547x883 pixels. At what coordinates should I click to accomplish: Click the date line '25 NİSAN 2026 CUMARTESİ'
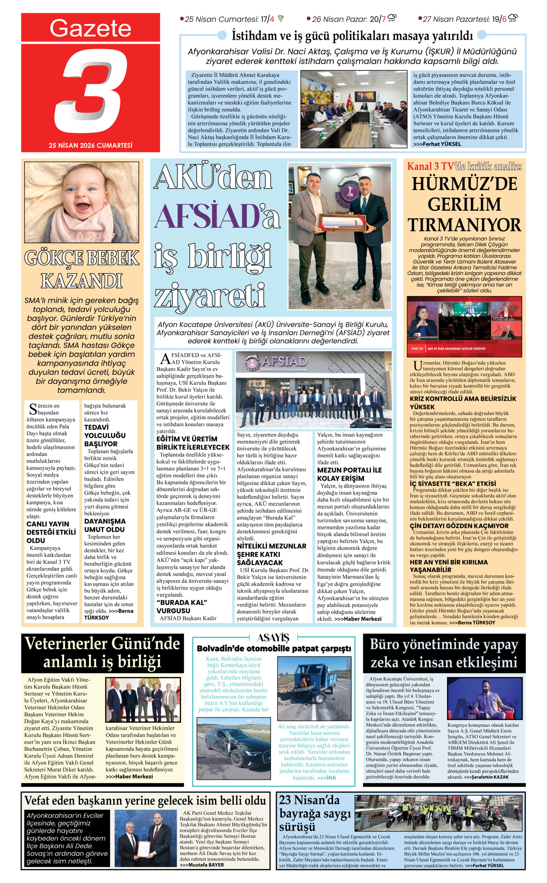90,145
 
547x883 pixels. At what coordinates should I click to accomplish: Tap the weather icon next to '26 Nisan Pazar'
392,18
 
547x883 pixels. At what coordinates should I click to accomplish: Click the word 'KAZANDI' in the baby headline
82,281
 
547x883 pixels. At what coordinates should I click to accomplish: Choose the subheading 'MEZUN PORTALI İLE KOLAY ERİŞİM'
349,474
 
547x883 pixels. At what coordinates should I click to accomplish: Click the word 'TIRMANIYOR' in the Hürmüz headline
465,225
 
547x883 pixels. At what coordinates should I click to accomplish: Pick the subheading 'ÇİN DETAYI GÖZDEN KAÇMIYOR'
459,526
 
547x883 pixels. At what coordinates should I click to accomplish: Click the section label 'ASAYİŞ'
273,637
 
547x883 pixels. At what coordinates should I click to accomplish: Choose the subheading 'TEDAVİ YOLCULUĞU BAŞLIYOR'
105,435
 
